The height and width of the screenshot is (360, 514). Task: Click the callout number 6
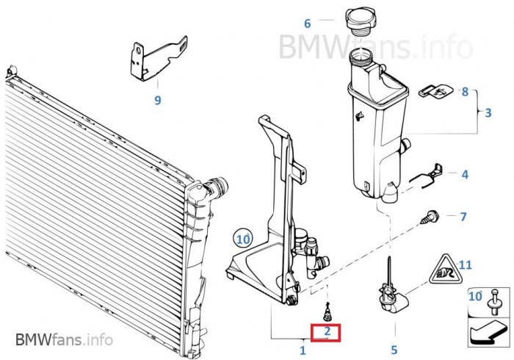(x=307, y=24)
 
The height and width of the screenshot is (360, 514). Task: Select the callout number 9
(x=158, y=100)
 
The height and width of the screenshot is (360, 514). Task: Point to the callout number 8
(x=465, y=92)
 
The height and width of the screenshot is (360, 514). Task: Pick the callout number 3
(x=488, y=112)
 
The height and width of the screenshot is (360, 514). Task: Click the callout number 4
(x=465, y=174)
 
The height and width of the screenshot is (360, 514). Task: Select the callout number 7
(x=463, y=217)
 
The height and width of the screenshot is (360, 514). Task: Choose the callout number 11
(x=465, y=264)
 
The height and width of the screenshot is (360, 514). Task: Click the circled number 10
(x=243, y=239)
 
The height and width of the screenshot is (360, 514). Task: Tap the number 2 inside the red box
(x=327, y=331)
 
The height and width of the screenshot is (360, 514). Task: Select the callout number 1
(x=303, y=350)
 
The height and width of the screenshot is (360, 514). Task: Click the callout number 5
(x=394, y=350)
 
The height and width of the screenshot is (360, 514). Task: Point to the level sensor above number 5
(x=392, y=289)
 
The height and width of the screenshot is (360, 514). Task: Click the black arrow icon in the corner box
(x=488, y=333)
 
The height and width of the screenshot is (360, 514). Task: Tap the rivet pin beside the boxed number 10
(x=494, y=302)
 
